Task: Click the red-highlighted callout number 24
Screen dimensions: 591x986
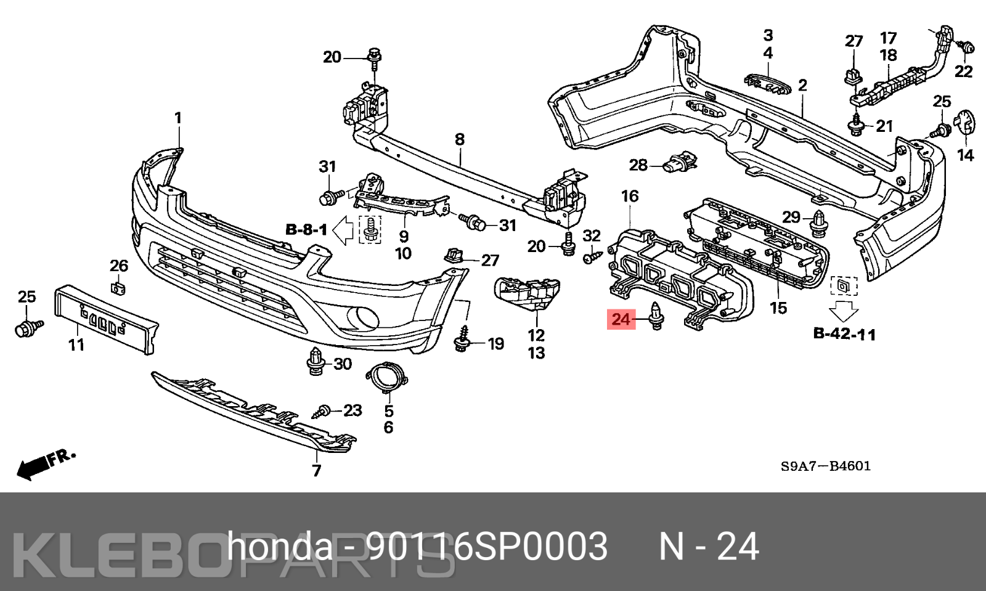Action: (x=621, y=319)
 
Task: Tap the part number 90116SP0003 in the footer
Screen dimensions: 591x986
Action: (x=487, y=546)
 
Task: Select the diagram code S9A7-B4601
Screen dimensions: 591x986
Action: (x=826, y=466)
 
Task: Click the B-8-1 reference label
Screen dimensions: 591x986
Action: (x=306, y=230)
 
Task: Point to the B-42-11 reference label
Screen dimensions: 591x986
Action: (x=844, y=334)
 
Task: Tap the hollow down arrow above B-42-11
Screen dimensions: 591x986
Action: (x=844, y=309)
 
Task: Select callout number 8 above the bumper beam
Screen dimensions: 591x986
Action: (x=460, y=139)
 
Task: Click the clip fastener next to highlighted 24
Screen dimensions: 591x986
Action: (x=657, y=316)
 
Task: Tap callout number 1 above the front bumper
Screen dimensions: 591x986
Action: (x=178, y=118)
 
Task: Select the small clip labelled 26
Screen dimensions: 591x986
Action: (x=118, y=287)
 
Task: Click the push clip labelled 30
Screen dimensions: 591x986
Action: (x=316, y=362)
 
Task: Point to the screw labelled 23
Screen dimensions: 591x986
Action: (x=322, y=412)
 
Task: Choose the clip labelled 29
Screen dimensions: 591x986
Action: (x=818, y=224)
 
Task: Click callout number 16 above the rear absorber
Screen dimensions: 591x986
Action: (x=630, y=196)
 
